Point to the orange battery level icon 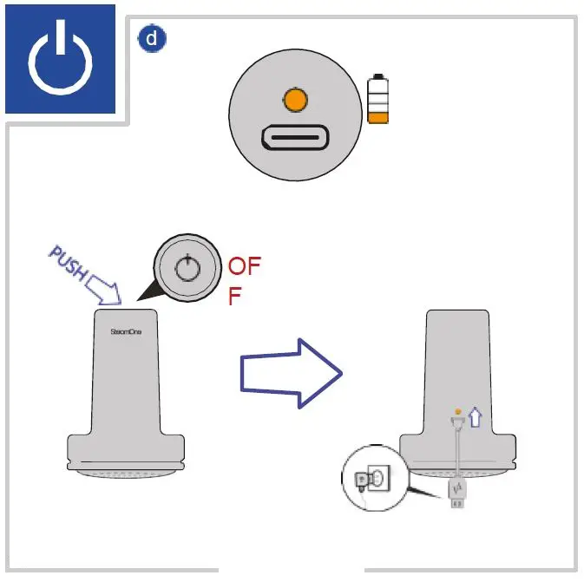point(377,101)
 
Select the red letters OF point(244,265)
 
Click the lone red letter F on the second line point(234,298)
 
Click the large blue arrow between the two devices point(292,374)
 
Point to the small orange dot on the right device point(457,411)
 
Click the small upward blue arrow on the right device point(474,418)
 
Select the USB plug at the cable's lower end point(457,494)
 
